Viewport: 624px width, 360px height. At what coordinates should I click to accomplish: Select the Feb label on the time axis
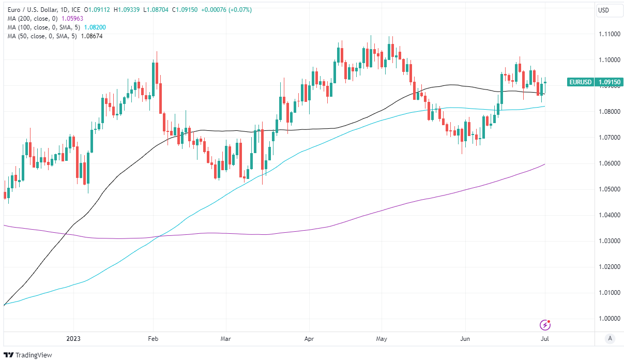tap(153, 339)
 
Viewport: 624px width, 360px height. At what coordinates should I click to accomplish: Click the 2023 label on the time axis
tap(73, 339)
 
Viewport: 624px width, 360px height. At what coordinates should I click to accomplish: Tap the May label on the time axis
tap(382, 339)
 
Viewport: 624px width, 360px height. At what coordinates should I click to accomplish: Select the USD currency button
tap(603, 10)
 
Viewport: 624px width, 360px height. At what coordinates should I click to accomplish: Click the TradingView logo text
tap(34, 355)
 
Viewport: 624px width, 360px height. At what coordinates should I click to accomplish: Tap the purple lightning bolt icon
tap(545, 325)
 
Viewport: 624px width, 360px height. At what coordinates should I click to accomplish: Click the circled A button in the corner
tap(611, 339)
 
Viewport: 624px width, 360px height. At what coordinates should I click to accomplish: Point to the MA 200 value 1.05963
tap(72, 18)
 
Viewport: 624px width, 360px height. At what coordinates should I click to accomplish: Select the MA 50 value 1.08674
tap(92, 36)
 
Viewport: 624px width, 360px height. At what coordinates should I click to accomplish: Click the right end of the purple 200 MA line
tap(545, 164)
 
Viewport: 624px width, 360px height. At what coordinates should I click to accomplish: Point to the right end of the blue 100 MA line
tap(545, 107)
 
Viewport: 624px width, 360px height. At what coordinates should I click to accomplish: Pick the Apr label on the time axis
tap(309, 339)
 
